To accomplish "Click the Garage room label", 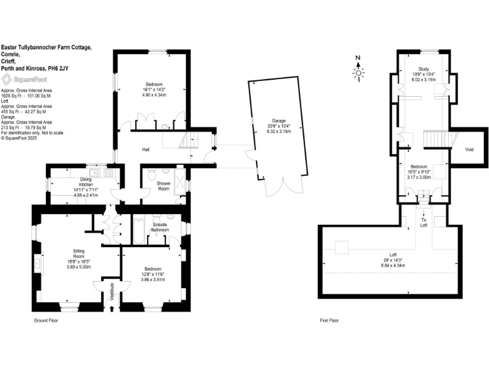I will pos(279,120).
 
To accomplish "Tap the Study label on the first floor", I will pos(423,69).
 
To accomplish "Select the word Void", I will pos(469,150).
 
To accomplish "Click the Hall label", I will pos(146,150).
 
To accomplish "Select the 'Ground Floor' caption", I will pos(46,321).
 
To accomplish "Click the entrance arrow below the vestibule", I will pos(113,310).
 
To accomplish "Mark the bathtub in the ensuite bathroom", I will pos(138,231).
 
